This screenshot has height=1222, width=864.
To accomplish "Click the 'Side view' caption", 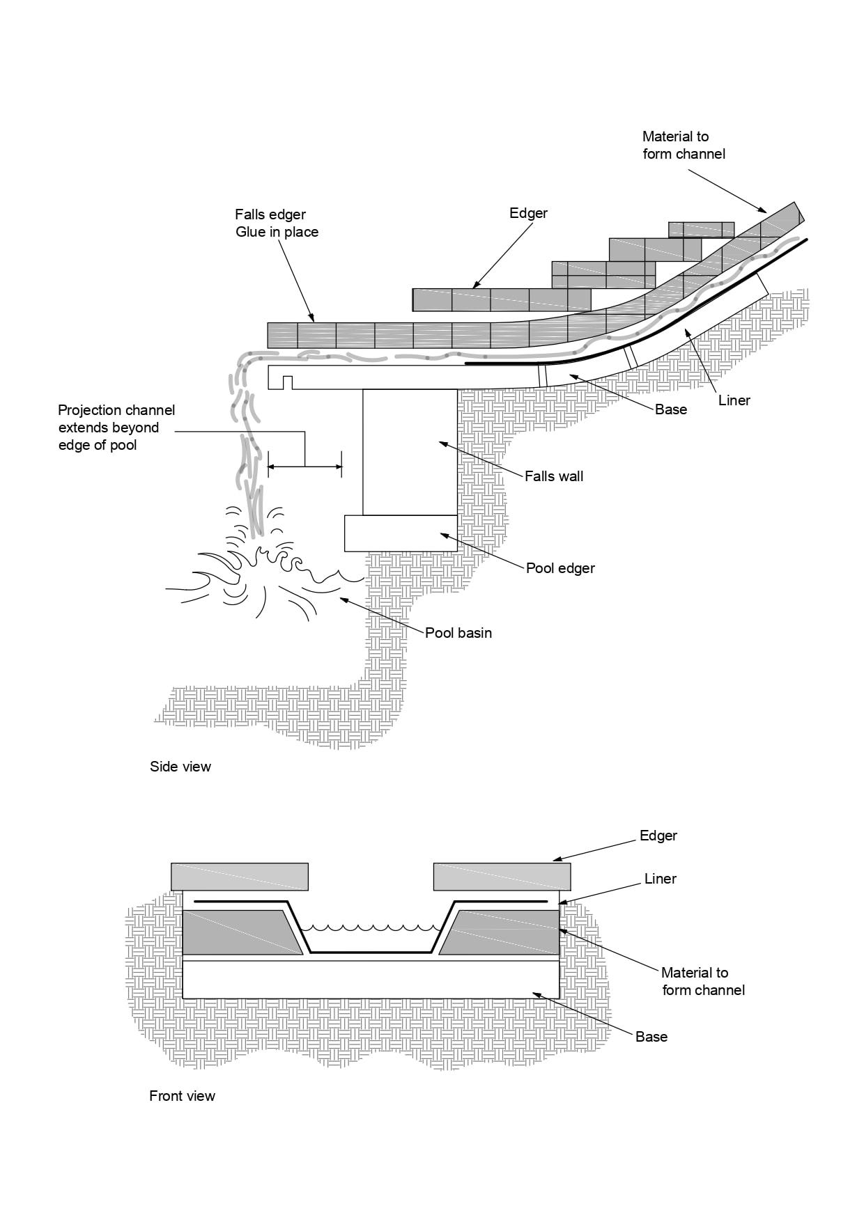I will pos(180,767).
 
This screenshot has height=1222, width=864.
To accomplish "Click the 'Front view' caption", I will pos(182,1096).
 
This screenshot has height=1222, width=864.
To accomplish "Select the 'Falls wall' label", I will pos(554,476).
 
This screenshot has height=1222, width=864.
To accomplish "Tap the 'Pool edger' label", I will pos(560,568).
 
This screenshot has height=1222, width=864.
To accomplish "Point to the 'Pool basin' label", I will pos(458,633).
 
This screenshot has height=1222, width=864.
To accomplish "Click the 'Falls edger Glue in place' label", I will pos(277,223).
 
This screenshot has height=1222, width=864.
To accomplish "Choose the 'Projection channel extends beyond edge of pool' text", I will pos(116,428).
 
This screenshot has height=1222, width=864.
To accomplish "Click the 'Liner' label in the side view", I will pos(734,400).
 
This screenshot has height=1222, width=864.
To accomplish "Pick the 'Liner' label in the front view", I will pos(660,879).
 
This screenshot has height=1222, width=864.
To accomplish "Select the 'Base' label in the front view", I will pos(651,1037).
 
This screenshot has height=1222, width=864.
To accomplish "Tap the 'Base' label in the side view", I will pos(670,409).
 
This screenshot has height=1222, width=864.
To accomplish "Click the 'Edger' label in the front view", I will pos(658,836).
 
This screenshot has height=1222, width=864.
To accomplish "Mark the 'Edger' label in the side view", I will pos(528,213).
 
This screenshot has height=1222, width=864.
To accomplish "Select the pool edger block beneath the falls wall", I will pos(401,533).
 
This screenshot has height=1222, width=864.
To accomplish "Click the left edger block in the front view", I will pos(240,877).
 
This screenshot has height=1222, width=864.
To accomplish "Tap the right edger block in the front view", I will pos(502,877).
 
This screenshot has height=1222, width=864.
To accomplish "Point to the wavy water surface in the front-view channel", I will pos(370,927).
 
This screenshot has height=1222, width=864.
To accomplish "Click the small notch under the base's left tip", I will pos(287,382).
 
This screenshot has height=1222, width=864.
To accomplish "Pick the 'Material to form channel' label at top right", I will pos(683,145).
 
